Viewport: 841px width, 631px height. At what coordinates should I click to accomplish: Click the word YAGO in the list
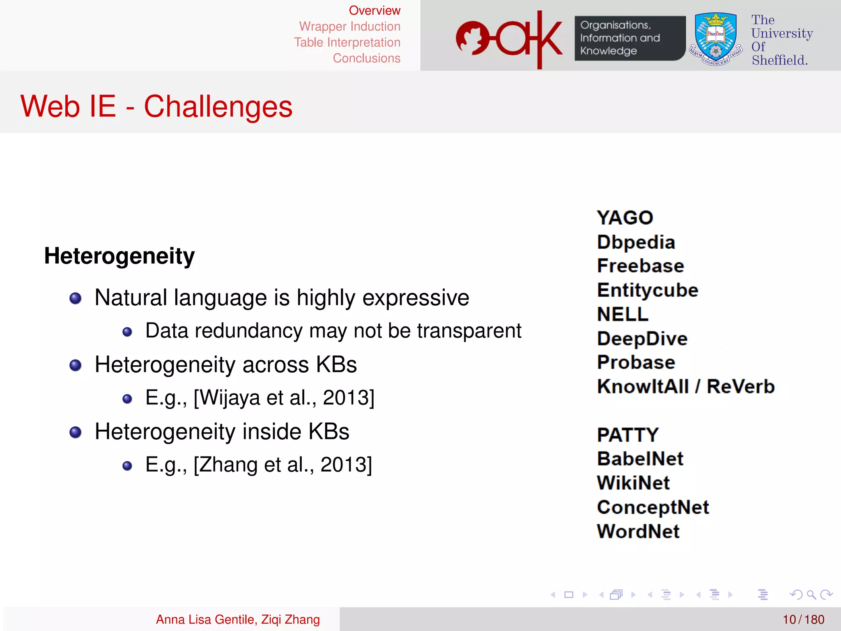click(625, 218)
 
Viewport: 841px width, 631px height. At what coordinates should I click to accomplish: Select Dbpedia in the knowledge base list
click(636, 242)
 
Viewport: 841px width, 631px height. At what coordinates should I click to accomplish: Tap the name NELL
click(623, 315)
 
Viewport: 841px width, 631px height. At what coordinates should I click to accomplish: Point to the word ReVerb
click(740, 387)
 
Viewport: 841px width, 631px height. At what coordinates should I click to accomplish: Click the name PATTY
click(627, 435)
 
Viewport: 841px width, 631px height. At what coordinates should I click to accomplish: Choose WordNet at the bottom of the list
click(638, 532)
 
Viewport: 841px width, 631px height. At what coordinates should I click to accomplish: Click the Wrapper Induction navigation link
click(349, 26)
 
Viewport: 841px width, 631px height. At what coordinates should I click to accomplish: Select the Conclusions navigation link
click(366, 58)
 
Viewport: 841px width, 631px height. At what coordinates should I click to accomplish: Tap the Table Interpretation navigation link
click(347, 42)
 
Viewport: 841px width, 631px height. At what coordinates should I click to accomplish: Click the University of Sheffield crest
click(716, 39)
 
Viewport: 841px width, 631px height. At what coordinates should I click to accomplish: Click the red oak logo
click(509, 39)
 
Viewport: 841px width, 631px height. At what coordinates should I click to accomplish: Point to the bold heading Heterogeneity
click(119, 256)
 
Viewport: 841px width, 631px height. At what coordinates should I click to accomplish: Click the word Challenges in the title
click(218, 107)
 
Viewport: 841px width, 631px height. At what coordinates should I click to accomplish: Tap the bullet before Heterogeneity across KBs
click(76, 365)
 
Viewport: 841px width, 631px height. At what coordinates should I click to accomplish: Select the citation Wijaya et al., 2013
click(284, 398)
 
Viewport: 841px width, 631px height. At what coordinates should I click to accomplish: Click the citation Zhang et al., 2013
click(283, 465)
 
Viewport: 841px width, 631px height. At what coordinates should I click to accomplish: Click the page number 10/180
click(803, 619)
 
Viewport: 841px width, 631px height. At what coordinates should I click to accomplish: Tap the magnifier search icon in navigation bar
click(811, 594)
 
